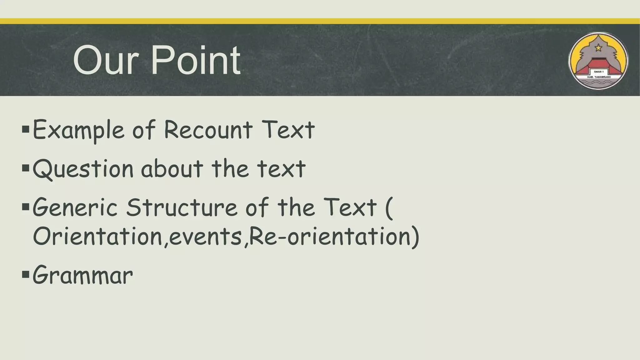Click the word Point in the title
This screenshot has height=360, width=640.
(x=196, y=60)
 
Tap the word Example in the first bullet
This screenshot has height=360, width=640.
(x=78, y=130)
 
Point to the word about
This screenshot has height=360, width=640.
(x=172, y=169)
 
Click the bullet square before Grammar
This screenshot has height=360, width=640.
(x=26, y=275)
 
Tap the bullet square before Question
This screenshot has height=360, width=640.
(x=26, y=169)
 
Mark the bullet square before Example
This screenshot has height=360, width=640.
(x=26, y=129)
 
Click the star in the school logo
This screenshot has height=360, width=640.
(x=598, y=48)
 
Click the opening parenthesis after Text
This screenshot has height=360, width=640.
(x=388, y=207)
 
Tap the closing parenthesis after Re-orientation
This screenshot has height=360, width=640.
(x=415, y=237)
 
